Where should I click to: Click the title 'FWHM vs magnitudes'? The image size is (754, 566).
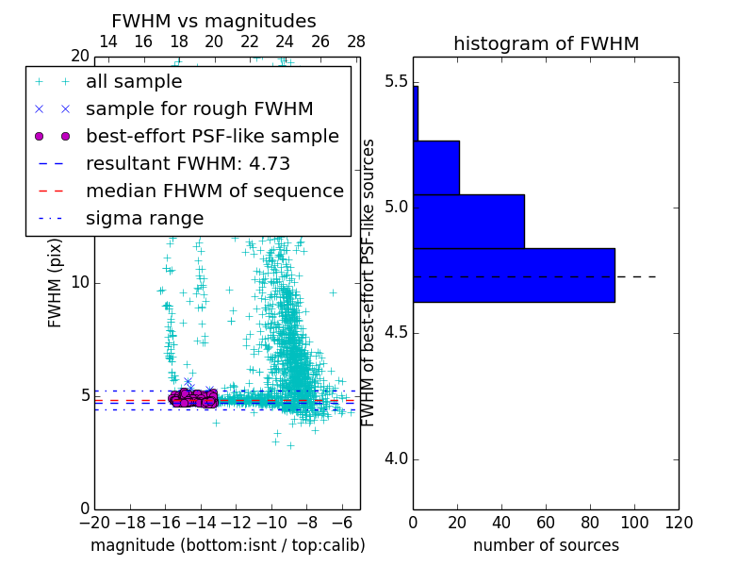pos(214,22)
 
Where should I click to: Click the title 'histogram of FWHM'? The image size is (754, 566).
pos(546,43)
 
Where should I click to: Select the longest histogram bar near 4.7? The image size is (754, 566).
pos(514,275)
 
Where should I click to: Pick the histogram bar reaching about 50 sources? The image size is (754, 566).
pos(468,222)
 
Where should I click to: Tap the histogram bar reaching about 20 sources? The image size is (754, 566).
pos(436,168)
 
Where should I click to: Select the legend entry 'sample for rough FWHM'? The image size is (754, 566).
pos(199,108)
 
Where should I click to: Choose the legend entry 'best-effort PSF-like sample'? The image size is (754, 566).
pos(212,136)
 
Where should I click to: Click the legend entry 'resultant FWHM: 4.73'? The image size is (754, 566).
pos(195,163)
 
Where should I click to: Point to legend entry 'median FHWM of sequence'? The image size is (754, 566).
pos(214,191)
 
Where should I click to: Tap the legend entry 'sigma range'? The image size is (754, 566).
pos(144,218)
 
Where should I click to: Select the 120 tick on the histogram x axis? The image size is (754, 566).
pos(679,522)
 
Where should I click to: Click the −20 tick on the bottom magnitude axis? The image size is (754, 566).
pos(94,522)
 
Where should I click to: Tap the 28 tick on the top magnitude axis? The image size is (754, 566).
pos(356,42)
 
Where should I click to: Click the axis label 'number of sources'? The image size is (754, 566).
pos(546,545)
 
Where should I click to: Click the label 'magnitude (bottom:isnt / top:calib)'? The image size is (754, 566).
pos(227,545)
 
